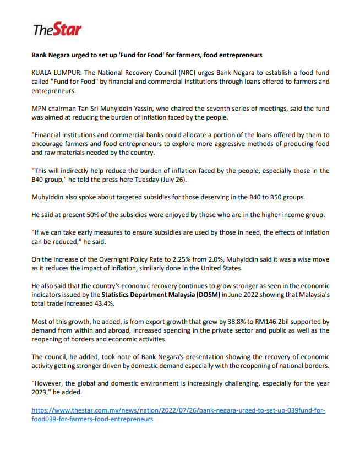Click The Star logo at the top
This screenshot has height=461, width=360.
click(x=57, y=29)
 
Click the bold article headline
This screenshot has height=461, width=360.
click(x=146, y=55)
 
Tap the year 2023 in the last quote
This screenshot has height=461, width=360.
click(x=41, y=392)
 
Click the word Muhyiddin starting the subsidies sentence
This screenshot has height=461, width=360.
click(x=49, y=197)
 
